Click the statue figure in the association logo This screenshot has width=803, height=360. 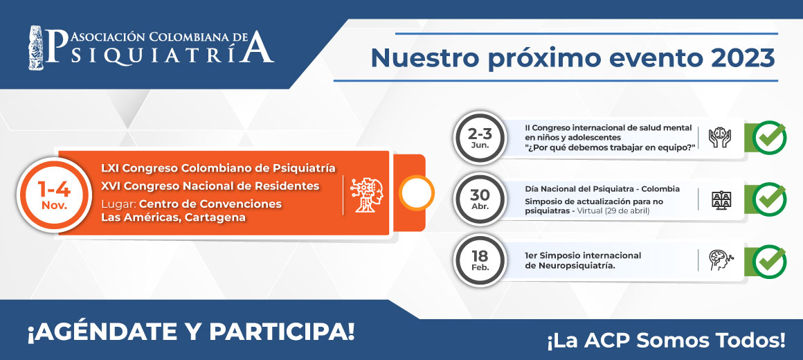36,47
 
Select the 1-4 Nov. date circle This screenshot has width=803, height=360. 54,195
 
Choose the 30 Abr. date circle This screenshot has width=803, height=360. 480,199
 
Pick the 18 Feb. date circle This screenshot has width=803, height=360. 480,260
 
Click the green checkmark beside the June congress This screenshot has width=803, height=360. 769,137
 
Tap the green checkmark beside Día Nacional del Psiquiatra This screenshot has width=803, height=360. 769,199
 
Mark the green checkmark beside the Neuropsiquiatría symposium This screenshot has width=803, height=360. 769,261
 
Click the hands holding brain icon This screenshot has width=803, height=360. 719,138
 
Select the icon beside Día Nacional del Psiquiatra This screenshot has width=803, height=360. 721,199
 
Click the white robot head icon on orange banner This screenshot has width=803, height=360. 367,195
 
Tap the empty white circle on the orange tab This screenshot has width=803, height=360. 416,193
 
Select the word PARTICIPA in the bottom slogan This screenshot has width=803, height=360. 281,332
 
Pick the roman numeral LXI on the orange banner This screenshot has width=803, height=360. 110,168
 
